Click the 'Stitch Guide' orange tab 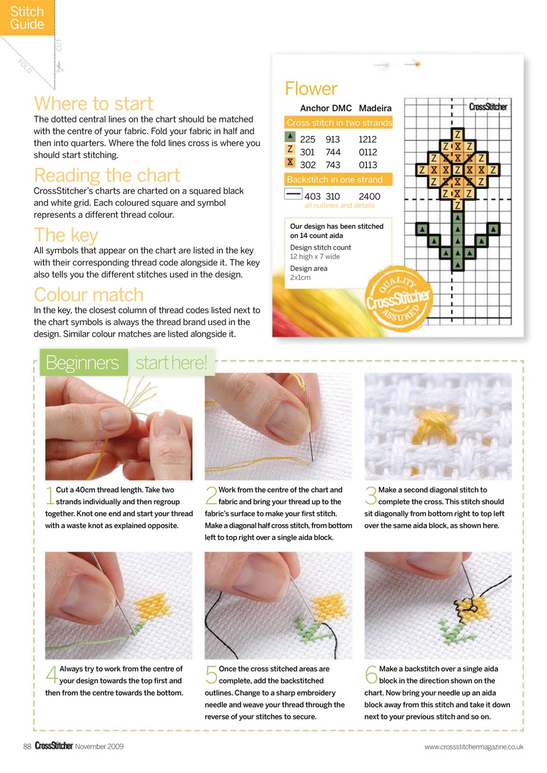coord(27,18)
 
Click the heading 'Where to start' coord(94,103)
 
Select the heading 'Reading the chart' coord(107,175)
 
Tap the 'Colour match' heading coord(89,295)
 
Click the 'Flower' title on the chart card coord(311,89)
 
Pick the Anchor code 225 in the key coord(308,139)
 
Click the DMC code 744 coord(332,152)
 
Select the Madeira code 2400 coord(369,196)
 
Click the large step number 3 coord(371,496)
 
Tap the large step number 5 coord(211,675)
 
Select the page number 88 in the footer coord(27,746)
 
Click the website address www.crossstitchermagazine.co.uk coord(474,747)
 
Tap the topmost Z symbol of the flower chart coord(458,133)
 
